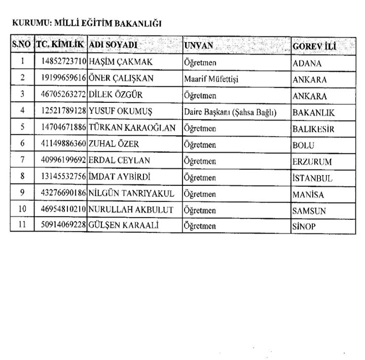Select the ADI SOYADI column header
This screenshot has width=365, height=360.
(114, 45)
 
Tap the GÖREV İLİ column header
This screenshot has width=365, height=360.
(316, 46)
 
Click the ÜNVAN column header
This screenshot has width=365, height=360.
(199, 46)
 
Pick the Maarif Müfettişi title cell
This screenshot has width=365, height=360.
(211, 79)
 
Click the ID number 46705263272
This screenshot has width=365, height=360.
(61, 95)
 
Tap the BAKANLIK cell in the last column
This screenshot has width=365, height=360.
(313, 112)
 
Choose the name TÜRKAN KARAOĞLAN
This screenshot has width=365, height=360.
(132, 128)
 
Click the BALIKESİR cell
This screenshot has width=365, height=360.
(313, 129)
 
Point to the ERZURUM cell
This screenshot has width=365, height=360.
(312, 162)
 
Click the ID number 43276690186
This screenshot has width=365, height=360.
(61, 194)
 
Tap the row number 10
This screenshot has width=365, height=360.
(22, 210)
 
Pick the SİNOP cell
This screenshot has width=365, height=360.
(304, 227)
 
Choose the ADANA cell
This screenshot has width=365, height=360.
(307, 63)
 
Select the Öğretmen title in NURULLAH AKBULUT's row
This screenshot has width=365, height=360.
(200, 210)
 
